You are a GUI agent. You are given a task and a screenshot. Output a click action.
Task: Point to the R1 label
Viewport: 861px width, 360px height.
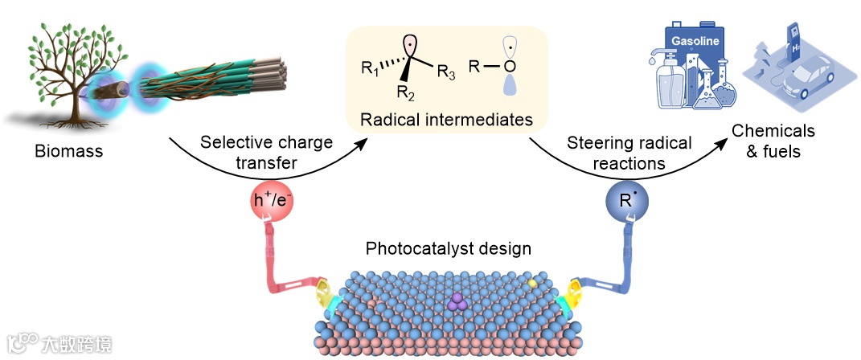tap(371, 69)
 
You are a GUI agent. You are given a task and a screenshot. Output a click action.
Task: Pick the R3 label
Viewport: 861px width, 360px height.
tap(447, 74)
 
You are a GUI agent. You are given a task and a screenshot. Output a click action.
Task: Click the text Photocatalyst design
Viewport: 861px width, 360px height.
tap(448, 248)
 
